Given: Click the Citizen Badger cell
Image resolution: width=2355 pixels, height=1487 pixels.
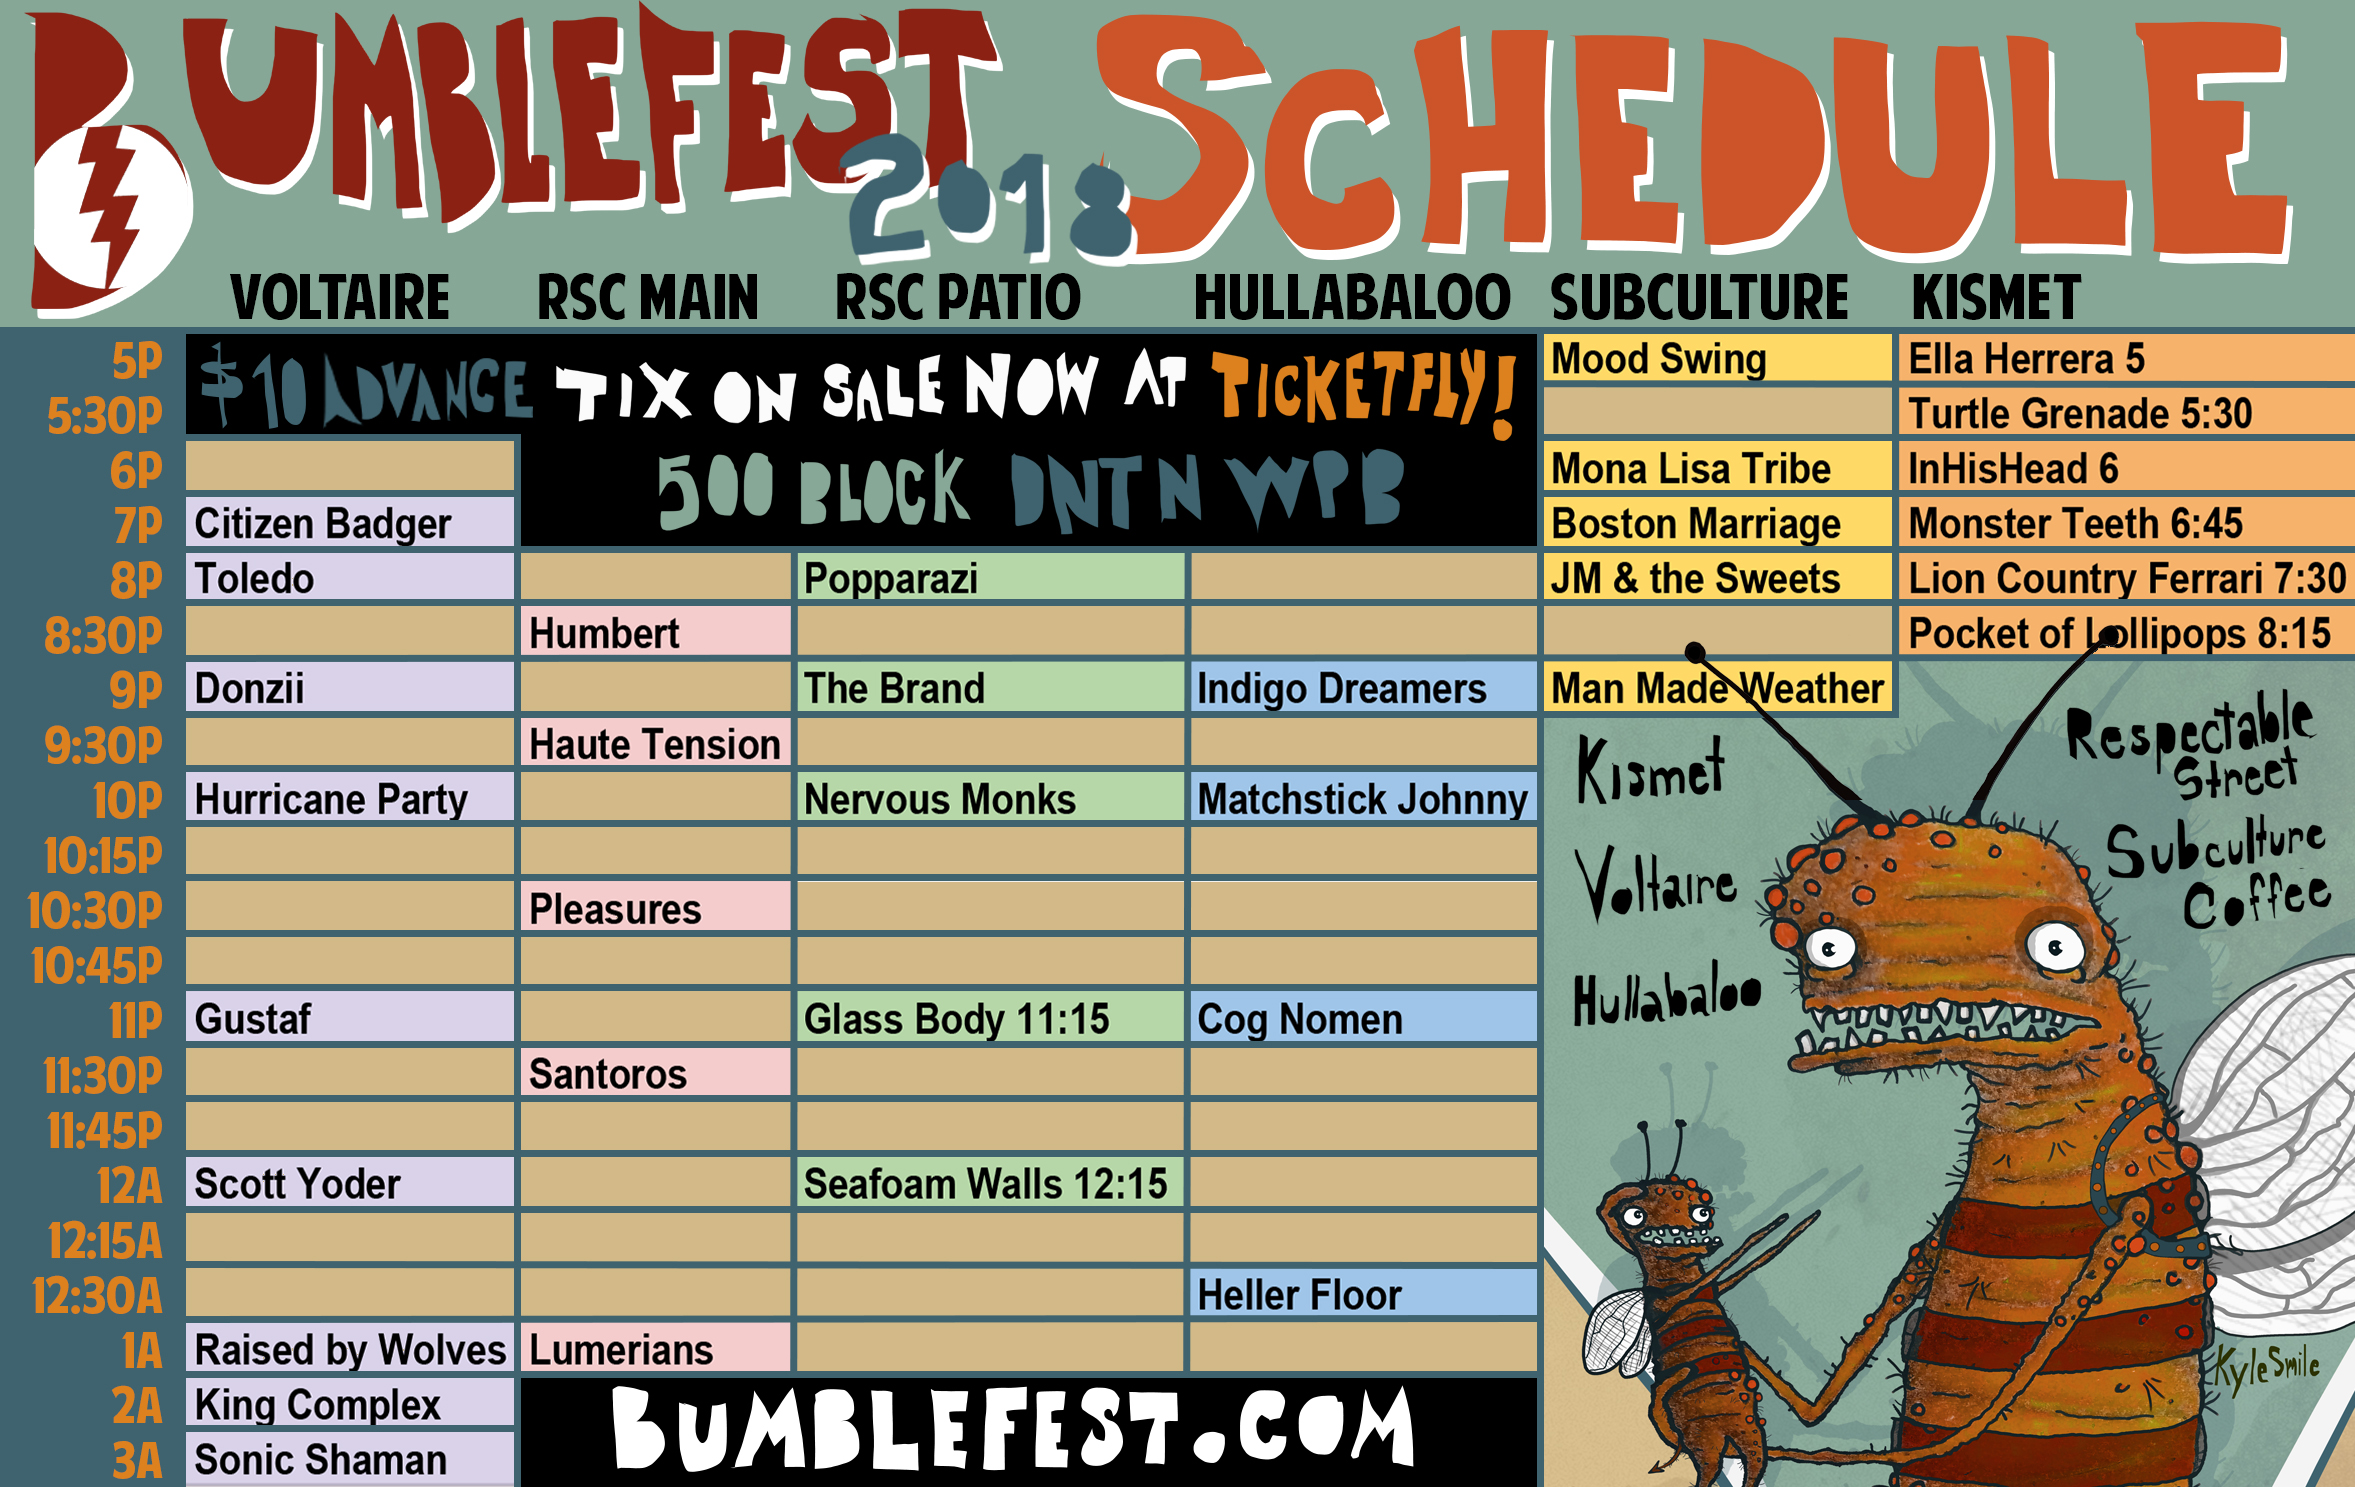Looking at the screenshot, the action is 350,523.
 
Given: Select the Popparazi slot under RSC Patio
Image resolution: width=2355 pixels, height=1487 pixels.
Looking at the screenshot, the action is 991,578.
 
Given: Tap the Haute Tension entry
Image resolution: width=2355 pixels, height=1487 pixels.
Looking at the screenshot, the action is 656,744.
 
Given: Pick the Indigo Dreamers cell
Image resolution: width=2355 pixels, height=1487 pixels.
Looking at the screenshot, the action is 1363,688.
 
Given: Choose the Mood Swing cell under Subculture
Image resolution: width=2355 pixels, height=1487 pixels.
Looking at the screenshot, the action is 1717,358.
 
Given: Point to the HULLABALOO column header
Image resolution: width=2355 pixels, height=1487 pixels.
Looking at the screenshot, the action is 1352,298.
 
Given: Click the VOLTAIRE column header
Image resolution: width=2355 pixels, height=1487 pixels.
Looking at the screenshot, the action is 340,298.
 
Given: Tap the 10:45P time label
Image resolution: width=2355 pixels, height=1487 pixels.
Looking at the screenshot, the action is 96,966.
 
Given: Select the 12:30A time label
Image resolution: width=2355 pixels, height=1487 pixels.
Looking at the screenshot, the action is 97,1296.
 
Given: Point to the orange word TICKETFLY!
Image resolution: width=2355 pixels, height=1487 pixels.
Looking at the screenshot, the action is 1365,392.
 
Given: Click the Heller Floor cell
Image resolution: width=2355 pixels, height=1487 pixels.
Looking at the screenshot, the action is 1363,1294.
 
